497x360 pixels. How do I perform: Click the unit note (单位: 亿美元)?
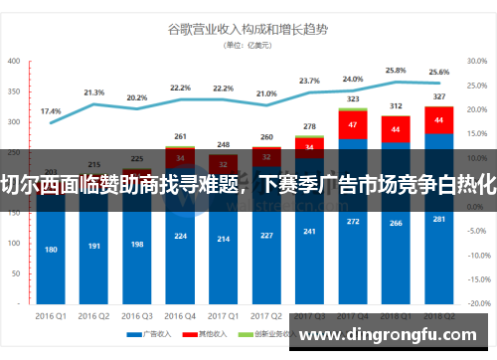point(248,45)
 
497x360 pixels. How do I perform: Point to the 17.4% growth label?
point(50,110)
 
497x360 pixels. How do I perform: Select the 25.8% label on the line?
point(396,71)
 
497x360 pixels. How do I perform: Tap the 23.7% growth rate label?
point(309,81)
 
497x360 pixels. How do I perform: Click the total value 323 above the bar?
point(352,99)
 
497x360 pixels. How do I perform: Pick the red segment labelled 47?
point(352,124)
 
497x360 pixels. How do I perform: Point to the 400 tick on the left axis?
point(14,62)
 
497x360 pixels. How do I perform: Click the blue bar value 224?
point(180,236)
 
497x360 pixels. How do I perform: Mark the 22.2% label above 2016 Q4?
point(180,88)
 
